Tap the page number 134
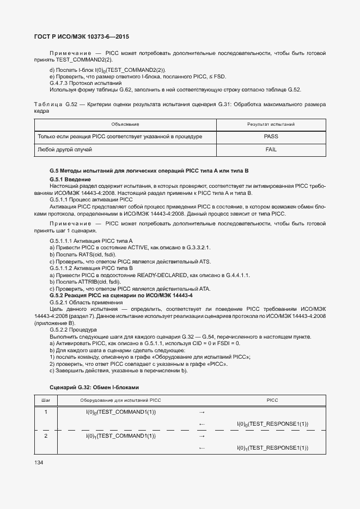39,462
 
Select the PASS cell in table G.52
271,136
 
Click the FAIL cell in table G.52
271,149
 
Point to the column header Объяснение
125,125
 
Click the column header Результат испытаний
271,125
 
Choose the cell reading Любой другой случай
64,149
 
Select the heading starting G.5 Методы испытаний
149,171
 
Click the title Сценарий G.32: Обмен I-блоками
94,387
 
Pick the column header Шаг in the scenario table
46,400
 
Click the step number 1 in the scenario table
46,412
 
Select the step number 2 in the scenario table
46,436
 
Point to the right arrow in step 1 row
202,412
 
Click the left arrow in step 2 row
202,448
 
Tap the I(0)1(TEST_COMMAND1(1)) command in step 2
121,436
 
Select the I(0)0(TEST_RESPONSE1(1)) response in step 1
272,424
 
